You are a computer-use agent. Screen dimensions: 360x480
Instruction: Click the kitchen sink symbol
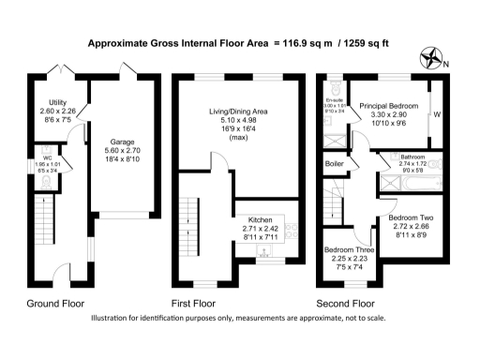(x=264, y=252)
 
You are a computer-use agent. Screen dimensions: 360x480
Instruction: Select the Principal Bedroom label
(x=386, y=106)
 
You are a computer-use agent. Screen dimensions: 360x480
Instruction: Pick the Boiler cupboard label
(x=333, y=165)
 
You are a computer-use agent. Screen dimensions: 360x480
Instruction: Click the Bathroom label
(x=413, y=157)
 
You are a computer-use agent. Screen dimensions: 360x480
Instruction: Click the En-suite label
(x=335, y=100)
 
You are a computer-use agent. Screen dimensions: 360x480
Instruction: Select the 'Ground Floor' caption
(x=54, y=304)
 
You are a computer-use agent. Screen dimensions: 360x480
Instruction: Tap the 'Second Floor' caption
(x=344, y=304)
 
